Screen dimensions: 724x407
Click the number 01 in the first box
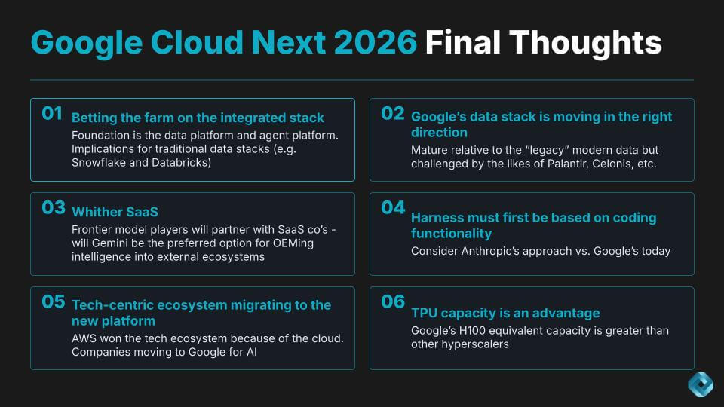pos(52,113)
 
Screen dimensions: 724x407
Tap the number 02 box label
pos(392,113)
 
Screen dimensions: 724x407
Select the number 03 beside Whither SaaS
pos(54,208)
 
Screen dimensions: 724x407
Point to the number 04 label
pos(393,208)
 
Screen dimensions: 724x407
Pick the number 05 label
pos(53,301)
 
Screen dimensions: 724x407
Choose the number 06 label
pos(393,301)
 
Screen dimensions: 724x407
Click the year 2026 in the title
pos(375,42)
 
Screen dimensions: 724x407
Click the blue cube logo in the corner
pos(701,384)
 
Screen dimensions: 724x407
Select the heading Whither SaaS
pos(115,212)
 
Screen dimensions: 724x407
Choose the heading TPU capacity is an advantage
pos(505,313)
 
